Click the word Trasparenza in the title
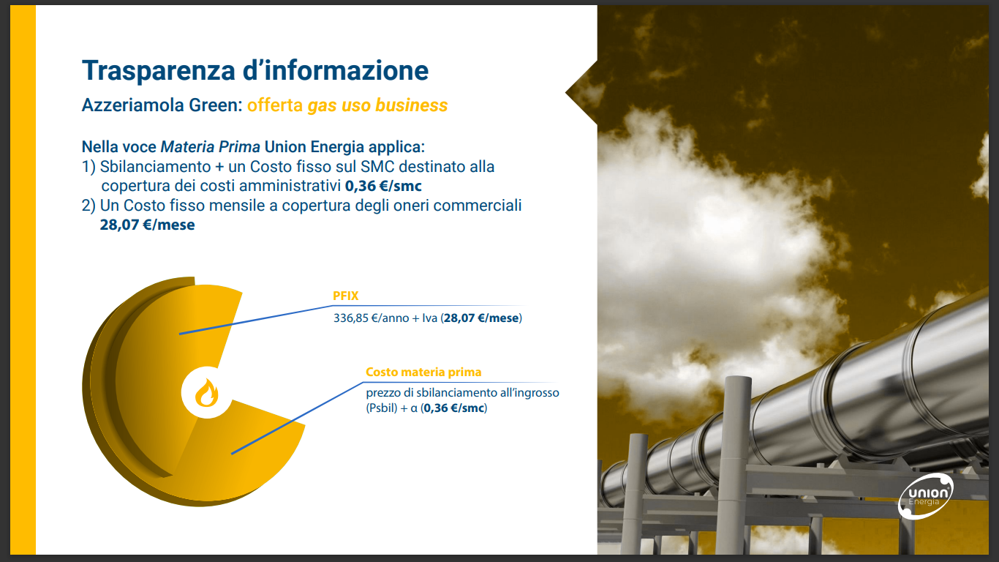pos(158,70)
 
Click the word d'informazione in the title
pos(336,70)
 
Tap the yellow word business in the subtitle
pos(411,105)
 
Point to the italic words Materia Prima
pos(210,147)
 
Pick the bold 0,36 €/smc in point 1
pos(383,186)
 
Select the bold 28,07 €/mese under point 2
pos(147,225)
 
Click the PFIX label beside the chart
pos(346,296)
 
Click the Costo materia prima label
pos(423,372)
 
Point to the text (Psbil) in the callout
pos(381,408)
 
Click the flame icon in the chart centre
pos(206,393)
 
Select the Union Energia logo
pos(925,496)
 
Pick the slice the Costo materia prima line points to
pos(241,451)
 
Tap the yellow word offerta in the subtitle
pos(275,105)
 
